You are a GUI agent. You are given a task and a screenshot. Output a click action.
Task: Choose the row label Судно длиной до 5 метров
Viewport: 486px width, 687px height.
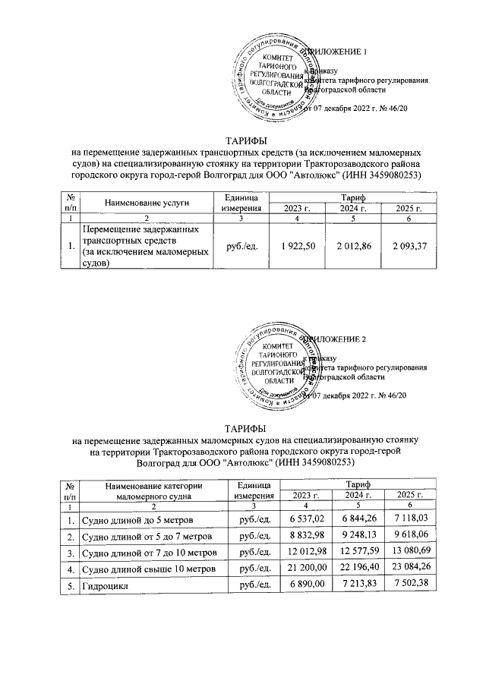click(137, 519)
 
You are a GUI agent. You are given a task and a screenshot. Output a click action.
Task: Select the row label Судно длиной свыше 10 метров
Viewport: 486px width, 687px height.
click(150, 568)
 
